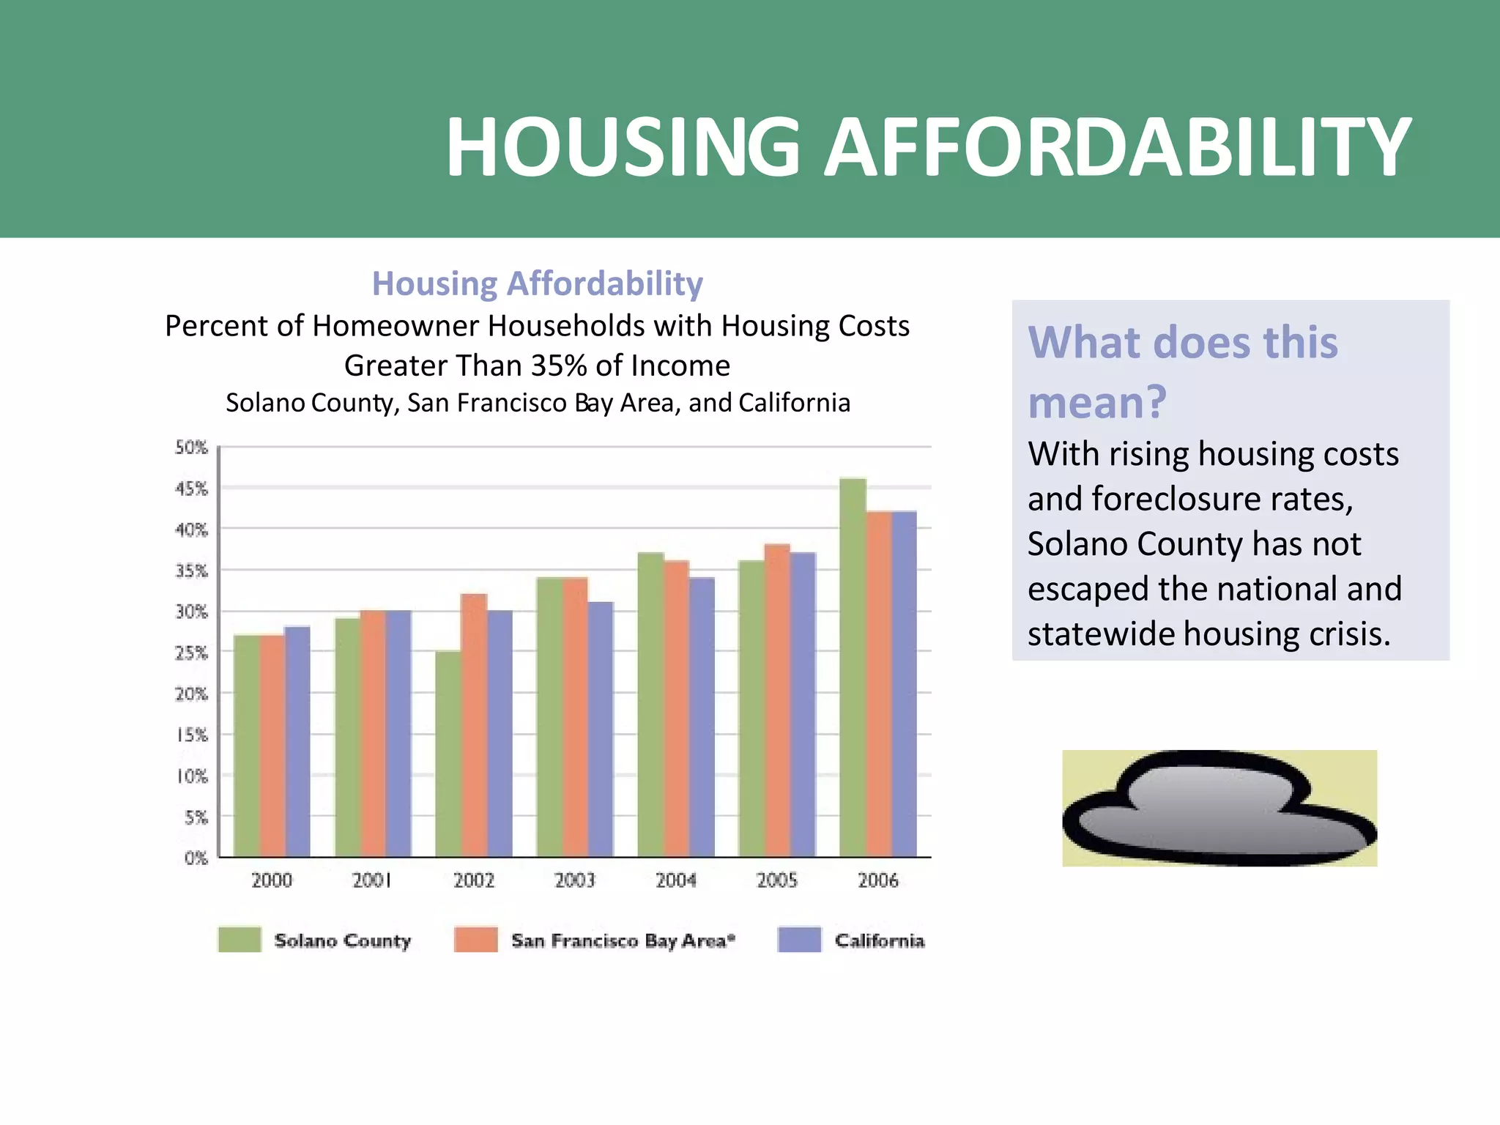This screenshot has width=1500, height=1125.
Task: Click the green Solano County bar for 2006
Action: pyautogui.click(x=853, y=667)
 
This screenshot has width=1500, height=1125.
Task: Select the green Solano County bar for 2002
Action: pyautogui.click(x=448, y=754)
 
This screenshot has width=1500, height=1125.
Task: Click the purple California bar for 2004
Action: pyautogui.click(x=702, y=717)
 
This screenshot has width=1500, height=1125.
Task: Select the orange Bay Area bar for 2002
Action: pyautogui.click(x=474, y=725)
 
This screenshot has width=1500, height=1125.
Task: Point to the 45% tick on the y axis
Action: pyautogui.click(x=192, y=489)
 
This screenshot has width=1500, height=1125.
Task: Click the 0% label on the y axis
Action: pyautogui.click(x=196, y=858)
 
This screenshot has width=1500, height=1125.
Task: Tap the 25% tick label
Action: pyautogui.click(x=192, y=653)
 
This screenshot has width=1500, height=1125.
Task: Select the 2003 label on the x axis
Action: pyautogui.click(x=575, y=880)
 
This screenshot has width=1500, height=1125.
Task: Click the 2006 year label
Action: pyautogui.click(x=878, y=880)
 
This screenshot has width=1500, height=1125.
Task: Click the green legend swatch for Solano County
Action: pyautogui.click(x=240, y=940)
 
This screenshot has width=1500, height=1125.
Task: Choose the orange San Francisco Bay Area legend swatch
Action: pyautogui.click(x=476, y=940)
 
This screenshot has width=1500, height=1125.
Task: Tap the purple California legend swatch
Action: pyautogui.click(x=800, y=940)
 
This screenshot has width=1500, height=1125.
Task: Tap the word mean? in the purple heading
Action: pyautogui.click(x=1096, y=402)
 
